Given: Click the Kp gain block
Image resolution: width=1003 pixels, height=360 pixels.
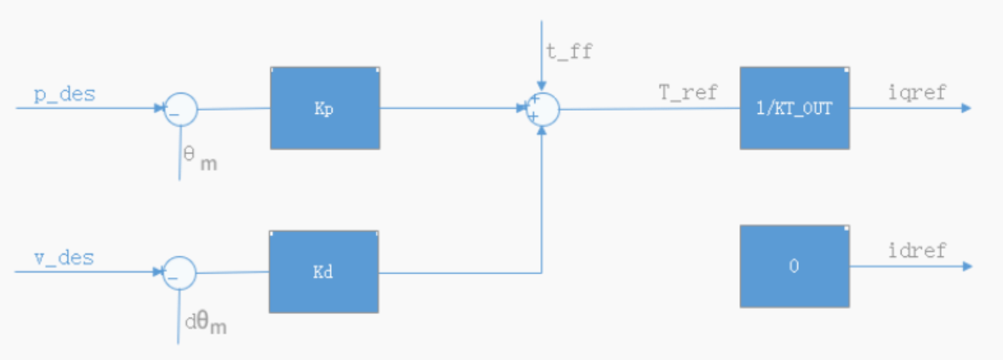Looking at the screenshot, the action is point(325,108).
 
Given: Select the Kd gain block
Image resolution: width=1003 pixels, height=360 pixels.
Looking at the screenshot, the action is point(323,271).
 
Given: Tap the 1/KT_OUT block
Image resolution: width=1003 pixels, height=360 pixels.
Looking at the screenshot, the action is point(795,108).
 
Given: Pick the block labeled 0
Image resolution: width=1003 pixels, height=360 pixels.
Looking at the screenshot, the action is point(795,266).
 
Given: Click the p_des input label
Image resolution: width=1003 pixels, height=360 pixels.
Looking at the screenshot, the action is point(65,94).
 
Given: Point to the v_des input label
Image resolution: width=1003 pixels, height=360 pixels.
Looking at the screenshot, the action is point(64,259).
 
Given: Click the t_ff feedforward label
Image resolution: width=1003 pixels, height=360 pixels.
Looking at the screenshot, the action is point(570,51).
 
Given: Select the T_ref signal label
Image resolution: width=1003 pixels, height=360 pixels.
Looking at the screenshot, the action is point(688,94).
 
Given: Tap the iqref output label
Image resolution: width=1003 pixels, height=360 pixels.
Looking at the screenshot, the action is point(916,93).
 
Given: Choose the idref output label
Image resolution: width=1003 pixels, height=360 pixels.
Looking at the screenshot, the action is point(916,251).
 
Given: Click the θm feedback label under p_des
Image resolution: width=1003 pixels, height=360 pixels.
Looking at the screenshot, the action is point(200,159).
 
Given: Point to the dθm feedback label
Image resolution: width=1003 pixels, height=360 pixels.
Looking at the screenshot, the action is point(206,323).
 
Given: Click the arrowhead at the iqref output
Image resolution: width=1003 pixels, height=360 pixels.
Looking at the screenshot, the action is point(966,108).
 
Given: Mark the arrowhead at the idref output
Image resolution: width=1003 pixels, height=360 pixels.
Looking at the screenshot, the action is point(966,266).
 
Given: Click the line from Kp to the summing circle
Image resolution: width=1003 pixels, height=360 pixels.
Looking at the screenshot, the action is point(453,108).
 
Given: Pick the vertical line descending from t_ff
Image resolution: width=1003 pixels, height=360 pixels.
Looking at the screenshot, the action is point(542,56).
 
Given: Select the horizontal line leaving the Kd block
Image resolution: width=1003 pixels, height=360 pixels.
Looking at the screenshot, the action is point(460,273).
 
